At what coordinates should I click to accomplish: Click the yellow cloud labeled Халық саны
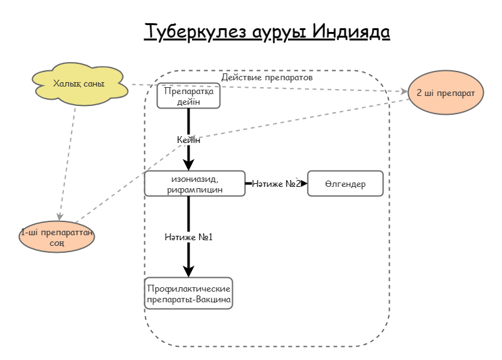click(x=79, y=83)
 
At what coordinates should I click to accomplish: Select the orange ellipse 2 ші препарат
click(x=446, y=92)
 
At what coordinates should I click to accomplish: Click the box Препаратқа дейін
click(x=188, y=96)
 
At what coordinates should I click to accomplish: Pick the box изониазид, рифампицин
click(x=195, y=183)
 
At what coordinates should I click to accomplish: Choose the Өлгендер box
click(x=345, y=184)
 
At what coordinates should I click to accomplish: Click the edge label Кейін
click(x=188, y=140)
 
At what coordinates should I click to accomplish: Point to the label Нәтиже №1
click(x=189, y=237)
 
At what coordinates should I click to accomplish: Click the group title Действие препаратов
click(x=267, y=78)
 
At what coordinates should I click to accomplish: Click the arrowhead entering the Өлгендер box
click(x=304, y=184)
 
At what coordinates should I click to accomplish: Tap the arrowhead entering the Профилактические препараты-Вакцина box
click(x=188, y=272)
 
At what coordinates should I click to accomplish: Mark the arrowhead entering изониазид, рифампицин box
click(x=188, y=166)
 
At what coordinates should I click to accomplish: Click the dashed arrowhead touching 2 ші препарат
click(x=403, y=92)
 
